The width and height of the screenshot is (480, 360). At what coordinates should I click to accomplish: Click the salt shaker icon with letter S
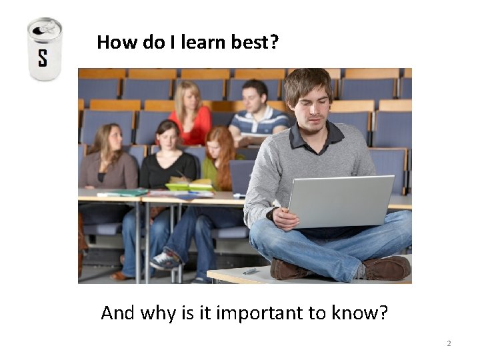[x=45, y=49]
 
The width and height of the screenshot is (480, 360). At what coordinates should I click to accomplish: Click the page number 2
[x=449, y=343]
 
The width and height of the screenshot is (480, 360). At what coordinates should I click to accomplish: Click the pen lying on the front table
[x=249, y=271]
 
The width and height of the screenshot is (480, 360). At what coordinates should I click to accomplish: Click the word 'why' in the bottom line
[x=158, y=312]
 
